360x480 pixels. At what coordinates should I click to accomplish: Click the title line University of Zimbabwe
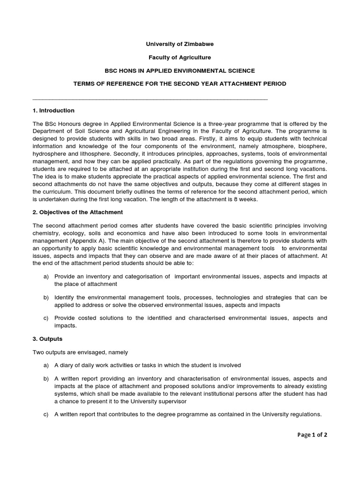(x=180, y=44)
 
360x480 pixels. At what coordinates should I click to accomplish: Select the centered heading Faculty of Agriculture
(x=180, y=57)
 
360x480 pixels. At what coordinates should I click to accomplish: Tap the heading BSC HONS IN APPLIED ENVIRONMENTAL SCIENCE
(x=180, y=70)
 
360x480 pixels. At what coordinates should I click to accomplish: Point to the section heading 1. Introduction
(x=53, y=111)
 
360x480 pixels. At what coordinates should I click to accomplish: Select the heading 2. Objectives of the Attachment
(x=77, y=212)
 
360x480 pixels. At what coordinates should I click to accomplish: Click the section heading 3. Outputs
(x=47, y=338)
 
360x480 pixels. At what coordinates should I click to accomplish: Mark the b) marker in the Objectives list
(x=46, y=298)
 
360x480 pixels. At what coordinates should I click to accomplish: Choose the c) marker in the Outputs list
(x=46, y=414)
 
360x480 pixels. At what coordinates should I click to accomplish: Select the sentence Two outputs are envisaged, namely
(x=80, y=352)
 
